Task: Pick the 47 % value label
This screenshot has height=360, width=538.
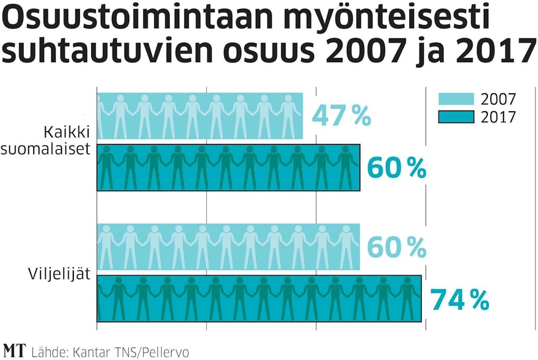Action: [341, 116]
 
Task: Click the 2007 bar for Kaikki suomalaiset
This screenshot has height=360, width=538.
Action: [200, 116]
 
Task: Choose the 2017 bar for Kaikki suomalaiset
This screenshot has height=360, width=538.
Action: [229, 168]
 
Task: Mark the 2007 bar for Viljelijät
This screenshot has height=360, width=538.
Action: [229, 247]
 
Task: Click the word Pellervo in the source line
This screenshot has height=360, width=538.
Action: [165, 352]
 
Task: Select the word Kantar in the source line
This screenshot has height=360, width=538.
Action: [88, 352]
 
